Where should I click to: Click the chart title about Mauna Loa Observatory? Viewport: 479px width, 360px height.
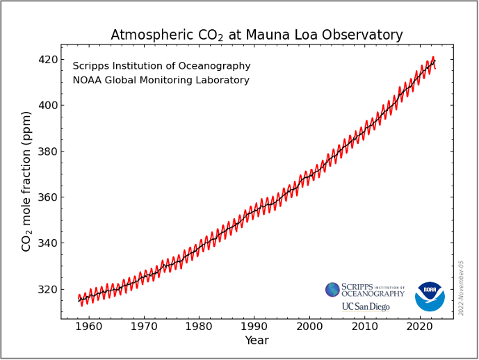(x=257, y=35)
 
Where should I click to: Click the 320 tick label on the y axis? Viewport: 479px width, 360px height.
(x=47, y=289)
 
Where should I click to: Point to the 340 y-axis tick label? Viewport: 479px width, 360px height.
(x=47, y=243)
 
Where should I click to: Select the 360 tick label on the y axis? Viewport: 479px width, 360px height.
(x=47, y=197)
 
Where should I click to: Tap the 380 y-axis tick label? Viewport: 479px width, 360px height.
(x=47, y=152)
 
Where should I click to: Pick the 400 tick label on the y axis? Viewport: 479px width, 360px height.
(x=47, y=106)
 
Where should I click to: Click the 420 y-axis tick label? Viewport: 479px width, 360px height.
(x=47, y=60)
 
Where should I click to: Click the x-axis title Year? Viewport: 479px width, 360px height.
(x=257, y=341)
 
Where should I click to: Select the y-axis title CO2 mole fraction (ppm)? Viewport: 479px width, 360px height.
(x=27, y=181)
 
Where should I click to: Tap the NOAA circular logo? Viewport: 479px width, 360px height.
(x=430, y=297)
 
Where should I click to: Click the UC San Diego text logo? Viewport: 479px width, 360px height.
(x=366, y=306)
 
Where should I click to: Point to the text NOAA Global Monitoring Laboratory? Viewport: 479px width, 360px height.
(x=161, y=81)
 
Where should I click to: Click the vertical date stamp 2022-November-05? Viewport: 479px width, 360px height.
(x=461, y=288)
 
